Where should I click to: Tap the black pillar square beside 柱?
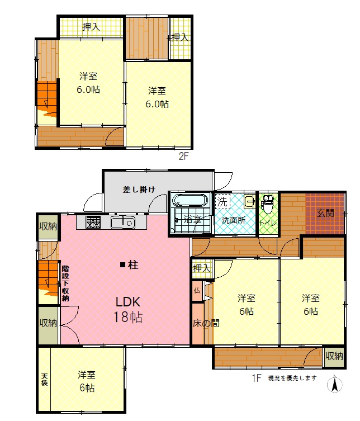[x=122, y=265]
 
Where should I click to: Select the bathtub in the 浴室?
[x=190, y=201]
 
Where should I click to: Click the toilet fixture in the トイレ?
[x=268, y=204]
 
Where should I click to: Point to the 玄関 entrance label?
[x=325, y=214]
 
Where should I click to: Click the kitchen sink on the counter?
[x=123, y=223]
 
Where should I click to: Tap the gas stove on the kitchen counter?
[x=93, y=222]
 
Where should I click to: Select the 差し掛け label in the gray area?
[x=139, y=190]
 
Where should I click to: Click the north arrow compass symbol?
[x=334, y=384]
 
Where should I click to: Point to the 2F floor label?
[x=184, y=156]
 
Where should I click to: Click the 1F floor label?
[x=257, y=378]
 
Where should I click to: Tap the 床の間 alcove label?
[x=206, y=323]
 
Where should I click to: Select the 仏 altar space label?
[x=197, y=291]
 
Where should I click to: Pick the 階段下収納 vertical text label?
[x=65, y=283]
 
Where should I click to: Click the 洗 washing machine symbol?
[x=222, y=201]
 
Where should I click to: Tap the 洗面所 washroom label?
[x=234, y=220]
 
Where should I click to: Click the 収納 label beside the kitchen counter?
[x=48, y=226]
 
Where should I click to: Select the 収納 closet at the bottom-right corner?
[x=334, y=357]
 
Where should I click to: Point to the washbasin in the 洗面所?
[x=249, y=201]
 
